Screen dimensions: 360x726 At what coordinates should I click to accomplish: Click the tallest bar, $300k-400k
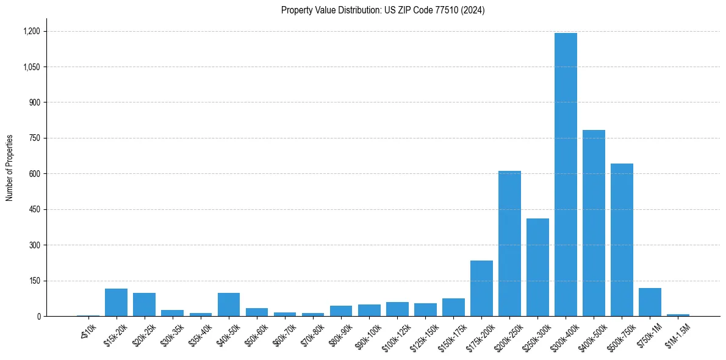tap(566, 175)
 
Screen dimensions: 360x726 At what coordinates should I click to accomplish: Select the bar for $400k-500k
tap(594, 223)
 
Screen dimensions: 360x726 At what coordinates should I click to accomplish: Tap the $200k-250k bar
tap(509, 244)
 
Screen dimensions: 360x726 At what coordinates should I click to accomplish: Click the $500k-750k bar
tap(622, 240)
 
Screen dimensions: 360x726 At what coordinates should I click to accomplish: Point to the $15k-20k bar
tap(116, 303)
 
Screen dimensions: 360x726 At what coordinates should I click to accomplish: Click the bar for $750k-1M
tap(650, 302)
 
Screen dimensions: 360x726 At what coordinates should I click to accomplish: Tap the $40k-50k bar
tap(229, 304)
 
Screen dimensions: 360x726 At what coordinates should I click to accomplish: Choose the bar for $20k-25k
tap(144, 304)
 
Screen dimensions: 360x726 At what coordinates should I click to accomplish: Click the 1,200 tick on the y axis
tap(32, 31)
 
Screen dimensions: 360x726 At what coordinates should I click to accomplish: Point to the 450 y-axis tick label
tap(35, 209)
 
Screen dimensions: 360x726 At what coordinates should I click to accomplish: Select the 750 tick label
tap(35, 138)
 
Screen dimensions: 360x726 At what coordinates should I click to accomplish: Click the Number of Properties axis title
tap(9, 168)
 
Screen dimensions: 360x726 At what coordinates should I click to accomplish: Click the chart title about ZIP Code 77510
tap(383, 10)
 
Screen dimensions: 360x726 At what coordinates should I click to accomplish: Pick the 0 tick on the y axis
tap(38, 316)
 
